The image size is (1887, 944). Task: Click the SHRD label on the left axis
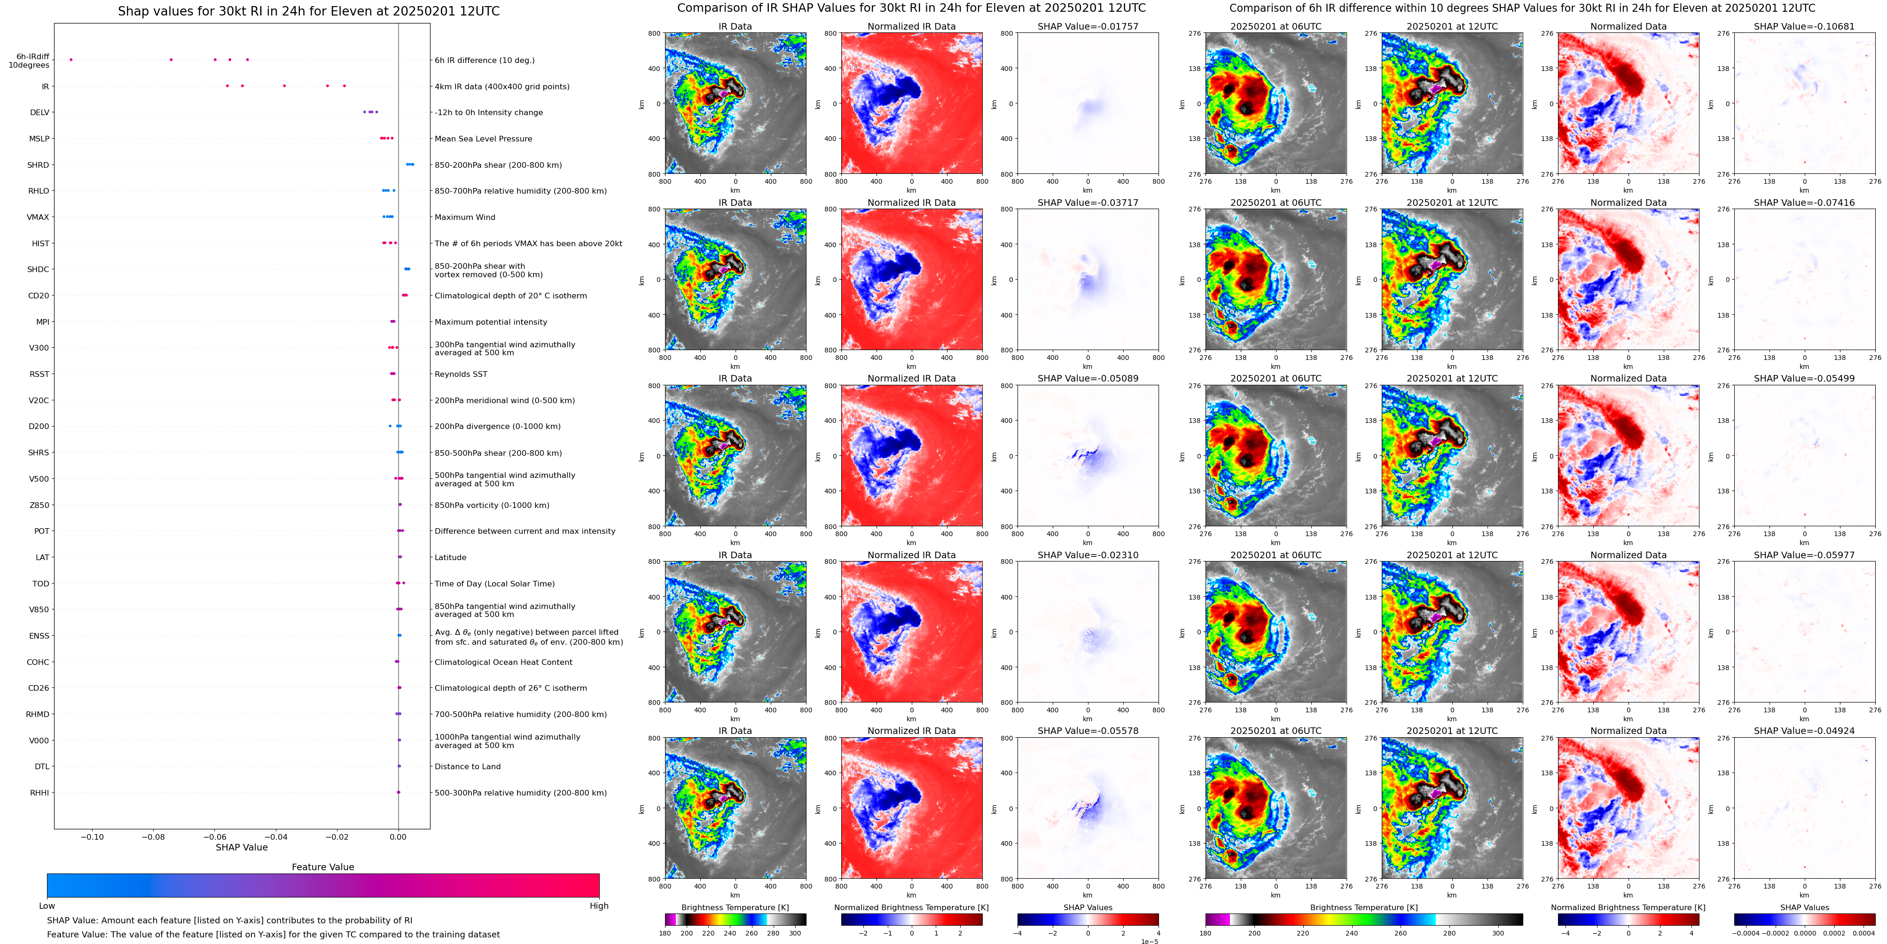38,165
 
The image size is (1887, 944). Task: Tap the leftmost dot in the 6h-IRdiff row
71,60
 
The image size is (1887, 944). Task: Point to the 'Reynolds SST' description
461,374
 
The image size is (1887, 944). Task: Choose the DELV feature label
39,113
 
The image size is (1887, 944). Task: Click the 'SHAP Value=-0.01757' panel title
1088,26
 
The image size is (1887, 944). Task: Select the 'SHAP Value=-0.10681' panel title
1804,26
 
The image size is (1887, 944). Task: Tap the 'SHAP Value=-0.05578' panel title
1088,731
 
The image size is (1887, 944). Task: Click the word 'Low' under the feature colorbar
47,906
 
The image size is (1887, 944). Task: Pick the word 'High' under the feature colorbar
599,906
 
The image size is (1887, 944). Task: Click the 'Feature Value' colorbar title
323,867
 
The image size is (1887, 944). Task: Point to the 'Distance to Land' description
467,767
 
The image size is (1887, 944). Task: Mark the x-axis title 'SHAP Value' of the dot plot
242,847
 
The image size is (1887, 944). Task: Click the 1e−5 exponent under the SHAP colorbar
1149,941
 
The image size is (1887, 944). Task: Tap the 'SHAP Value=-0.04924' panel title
1804,731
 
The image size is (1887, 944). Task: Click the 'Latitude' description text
451,557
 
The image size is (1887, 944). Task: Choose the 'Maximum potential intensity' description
491,322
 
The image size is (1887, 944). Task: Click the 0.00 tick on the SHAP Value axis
398,837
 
